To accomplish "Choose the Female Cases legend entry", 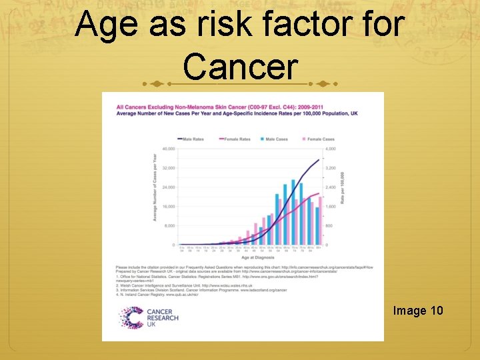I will pos(318,139).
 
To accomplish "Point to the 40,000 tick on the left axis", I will pos(167,149).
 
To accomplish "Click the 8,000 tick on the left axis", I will pos(169,225).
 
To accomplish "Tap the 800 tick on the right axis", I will pos(330,225).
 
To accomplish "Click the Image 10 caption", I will pos(417,311).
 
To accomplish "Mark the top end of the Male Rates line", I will pos(319,159).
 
